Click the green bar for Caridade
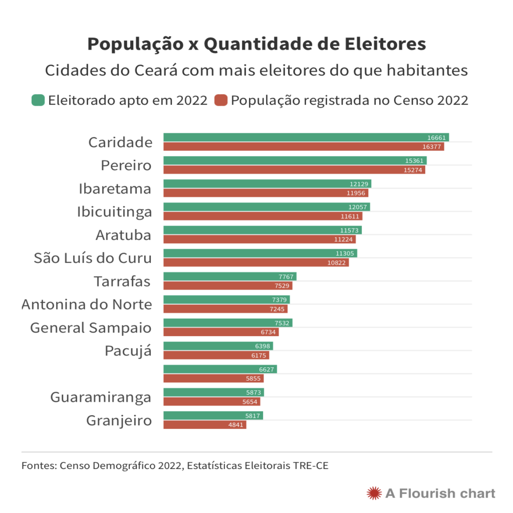point(306,137)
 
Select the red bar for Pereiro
point(294,170)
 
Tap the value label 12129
point(359,184)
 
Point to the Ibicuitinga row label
point(114,212)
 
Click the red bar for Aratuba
point(260,239)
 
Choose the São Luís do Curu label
point(93,258)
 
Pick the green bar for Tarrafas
point(230,277)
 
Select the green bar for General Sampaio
point(228,323)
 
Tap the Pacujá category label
point(128,351)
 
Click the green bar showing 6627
point(220,369)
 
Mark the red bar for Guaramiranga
point(212,402)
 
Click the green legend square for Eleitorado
point(38,100)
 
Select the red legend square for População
point(221,100)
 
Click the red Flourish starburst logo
point(373,493)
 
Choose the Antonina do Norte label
point(87,305)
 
